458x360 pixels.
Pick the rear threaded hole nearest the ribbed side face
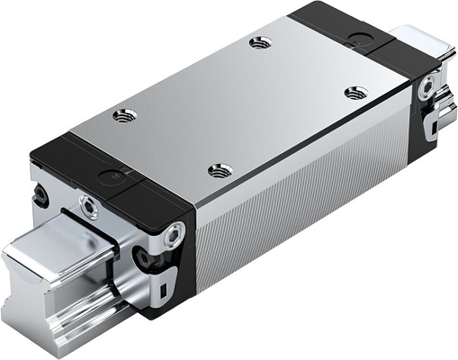tap(355, 91)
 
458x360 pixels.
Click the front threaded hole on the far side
tap(122, 113)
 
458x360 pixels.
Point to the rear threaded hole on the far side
tap(262, 41)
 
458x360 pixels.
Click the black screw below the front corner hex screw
tap(142, 258)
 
